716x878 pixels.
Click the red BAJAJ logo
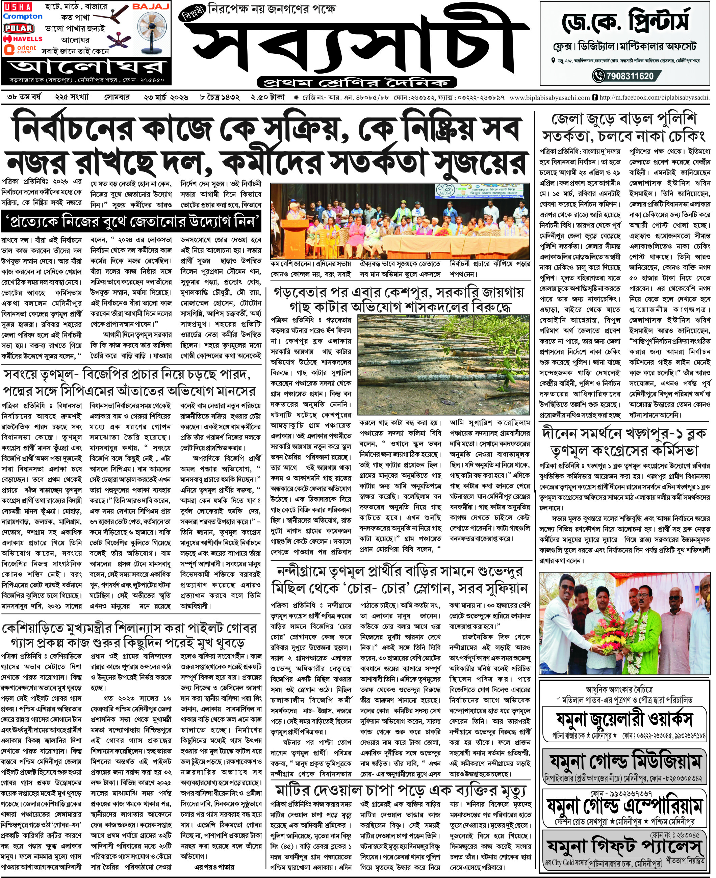pos(151,7)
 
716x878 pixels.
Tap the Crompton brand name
pos(23,17)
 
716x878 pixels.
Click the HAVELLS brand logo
pos(23,39)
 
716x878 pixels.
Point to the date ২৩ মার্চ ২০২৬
pos(166,98)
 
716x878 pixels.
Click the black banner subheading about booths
pos(131,222)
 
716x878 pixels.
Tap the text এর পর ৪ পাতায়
pos(214,867)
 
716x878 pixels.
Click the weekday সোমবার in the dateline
pos(117,98)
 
